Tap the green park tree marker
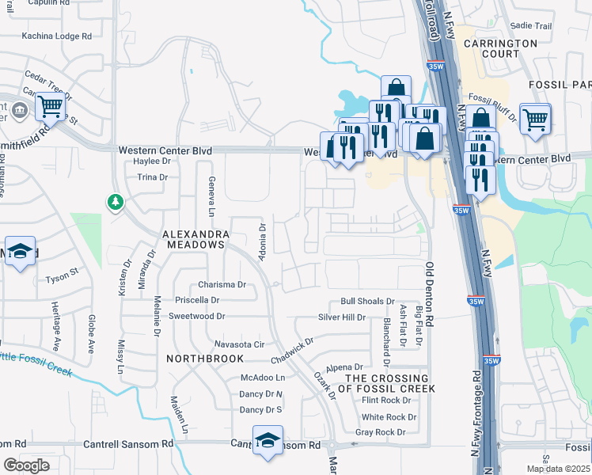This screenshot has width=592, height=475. click(x=116, y=203)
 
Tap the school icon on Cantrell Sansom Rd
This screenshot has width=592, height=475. click(x=268, y=440)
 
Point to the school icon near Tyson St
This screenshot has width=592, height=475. click(x=20, y=252)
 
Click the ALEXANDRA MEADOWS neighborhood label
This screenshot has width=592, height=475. click(x=195, y=240)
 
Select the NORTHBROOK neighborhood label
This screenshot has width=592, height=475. click(x=195, y=359)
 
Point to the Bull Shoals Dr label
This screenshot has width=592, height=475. click(x=367, y=302)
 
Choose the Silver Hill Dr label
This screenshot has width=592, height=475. click(x=342, y=317)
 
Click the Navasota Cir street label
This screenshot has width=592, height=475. click(x=239, y=344)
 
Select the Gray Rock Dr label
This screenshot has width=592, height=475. click(x=380, y=432)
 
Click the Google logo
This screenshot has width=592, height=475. click(x=26, y=465)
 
